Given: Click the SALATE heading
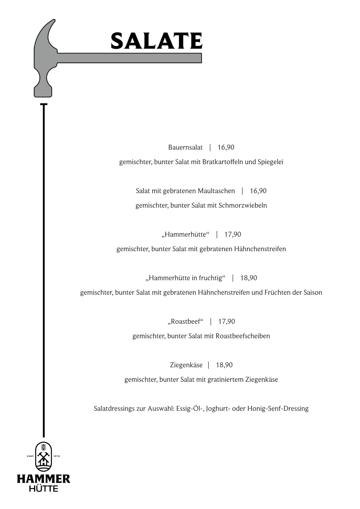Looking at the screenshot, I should (x=156, y=41).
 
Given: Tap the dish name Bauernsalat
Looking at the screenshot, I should (x=185, y=148).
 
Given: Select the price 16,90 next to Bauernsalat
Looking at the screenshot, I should (x=226, y=148).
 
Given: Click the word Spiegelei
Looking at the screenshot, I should (x=270, y=162).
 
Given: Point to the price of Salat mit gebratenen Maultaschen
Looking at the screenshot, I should (x=258, y=191).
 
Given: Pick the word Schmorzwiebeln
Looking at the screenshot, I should (x=243, y=206).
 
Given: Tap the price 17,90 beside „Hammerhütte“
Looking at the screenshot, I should (x=233, y=235).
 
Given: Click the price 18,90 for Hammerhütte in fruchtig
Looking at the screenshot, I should (x=249, y=278).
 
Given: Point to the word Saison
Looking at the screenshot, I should (x=313, y=293).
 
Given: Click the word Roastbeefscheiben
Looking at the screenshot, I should (x=243, y=336).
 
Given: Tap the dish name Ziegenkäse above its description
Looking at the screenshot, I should (x=186, y=365).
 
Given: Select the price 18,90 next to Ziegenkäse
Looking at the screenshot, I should (x=224, y=365).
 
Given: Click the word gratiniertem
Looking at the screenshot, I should (x=226, y=380).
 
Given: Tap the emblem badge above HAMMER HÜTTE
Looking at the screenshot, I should (x=43, y=456).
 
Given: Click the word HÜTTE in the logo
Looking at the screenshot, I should (x=43, y=489).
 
